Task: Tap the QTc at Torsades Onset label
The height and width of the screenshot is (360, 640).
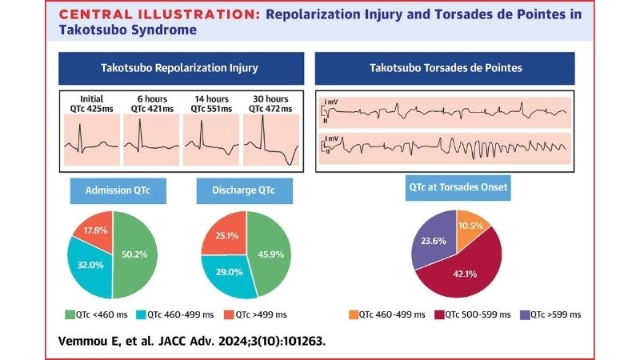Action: pos(456,190)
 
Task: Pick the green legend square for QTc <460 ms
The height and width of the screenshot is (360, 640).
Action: pos(70,314)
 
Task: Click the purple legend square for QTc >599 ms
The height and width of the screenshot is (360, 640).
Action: pos(525,314)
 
